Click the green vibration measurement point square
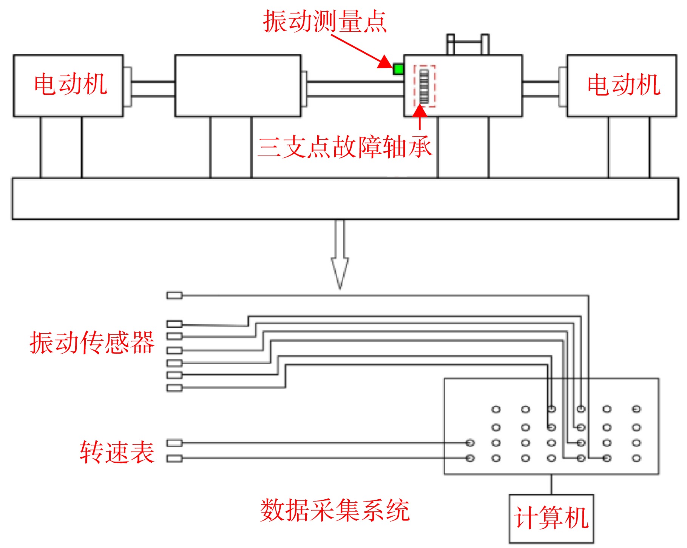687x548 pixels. coord(398,69)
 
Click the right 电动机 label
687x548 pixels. coord(624,84)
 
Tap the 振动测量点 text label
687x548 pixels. coord(325,22)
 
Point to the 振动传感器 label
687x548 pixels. coord(92,342)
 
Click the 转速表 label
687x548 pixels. coord(117,452)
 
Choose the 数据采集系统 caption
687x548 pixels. coord(335,510)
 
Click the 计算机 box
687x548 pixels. coord(551,519)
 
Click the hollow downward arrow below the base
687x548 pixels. coord(340,254)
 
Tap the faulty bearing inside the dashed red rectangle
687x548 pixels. coord(424,86)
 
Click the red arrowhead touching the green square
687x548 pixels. coord(385,62)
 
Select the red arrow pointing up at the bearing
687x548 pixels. coord(420,117)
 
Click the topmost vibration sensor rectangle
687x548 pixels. coord(174,296)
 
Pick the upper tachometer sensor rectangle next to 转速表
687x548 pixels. coord(174,443)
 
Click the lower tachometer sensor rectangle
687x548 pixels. coord(174,459)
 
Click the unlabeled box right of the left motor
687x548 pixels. coord(238,86)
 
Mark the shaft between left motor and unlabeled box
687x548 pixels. coord(153,89)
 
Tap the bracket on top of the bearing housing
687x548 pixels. coord(468,44)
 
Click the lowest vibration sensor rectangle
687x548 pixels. coord(174,388)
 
